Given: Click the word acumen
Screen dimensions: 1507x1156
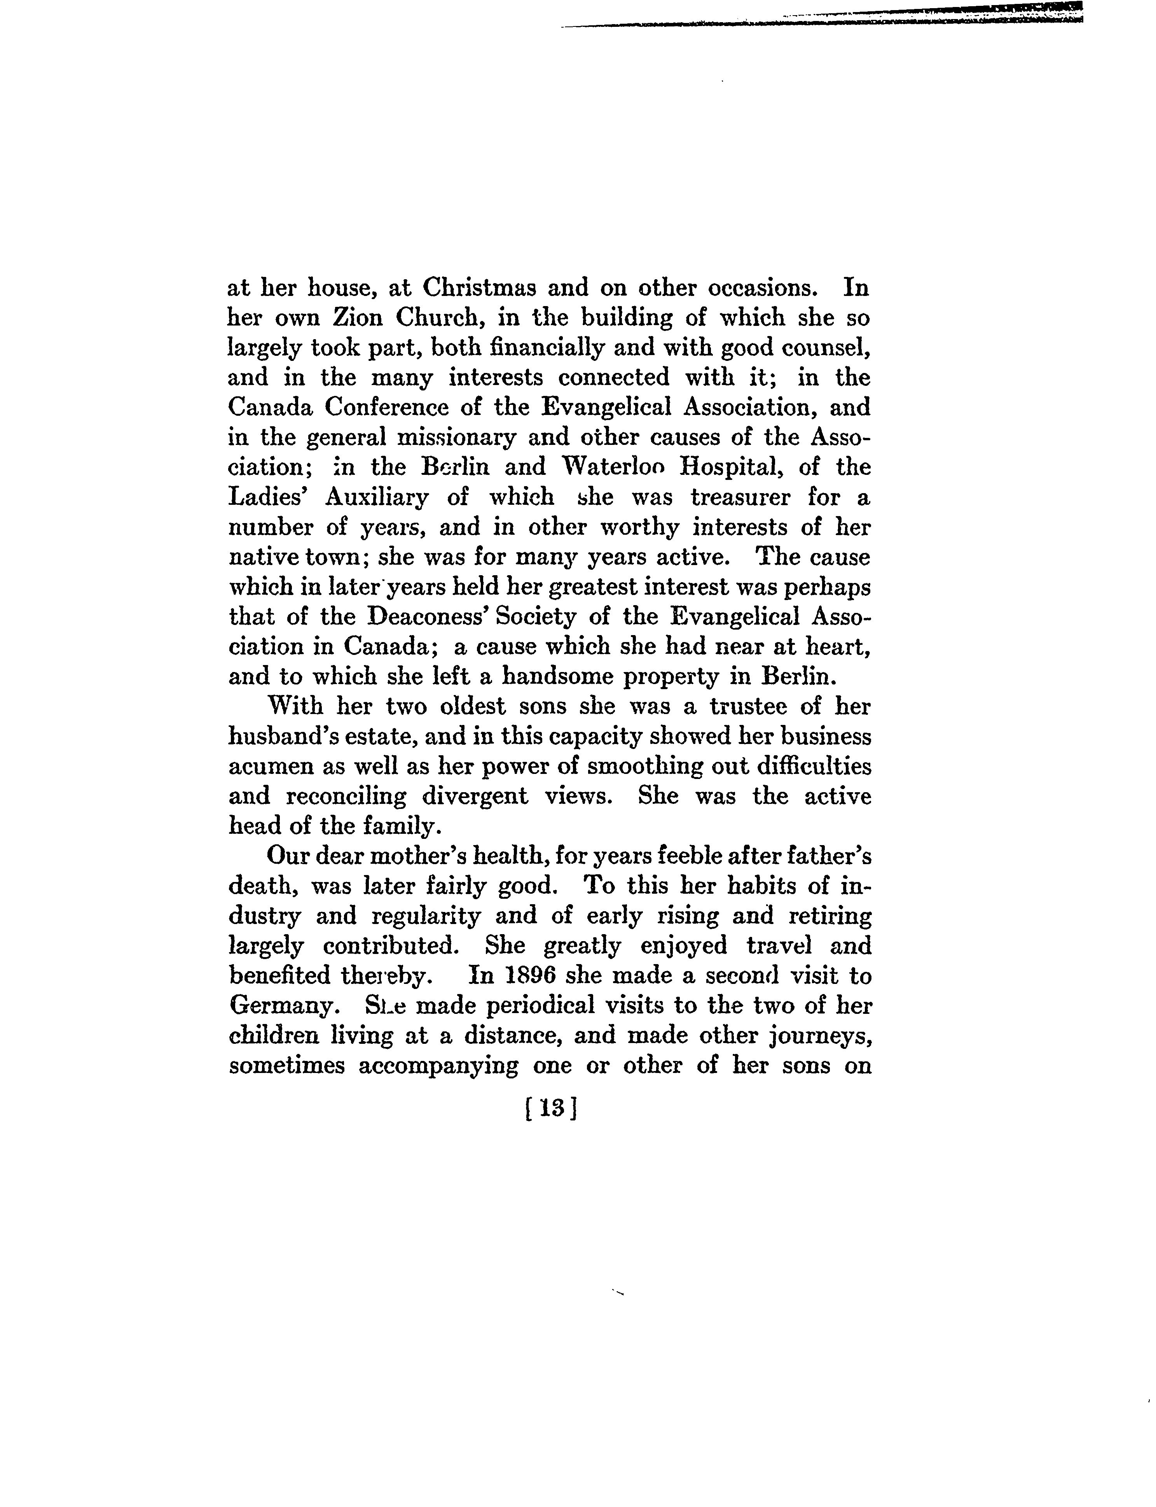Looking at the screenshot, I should point(271,766).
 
